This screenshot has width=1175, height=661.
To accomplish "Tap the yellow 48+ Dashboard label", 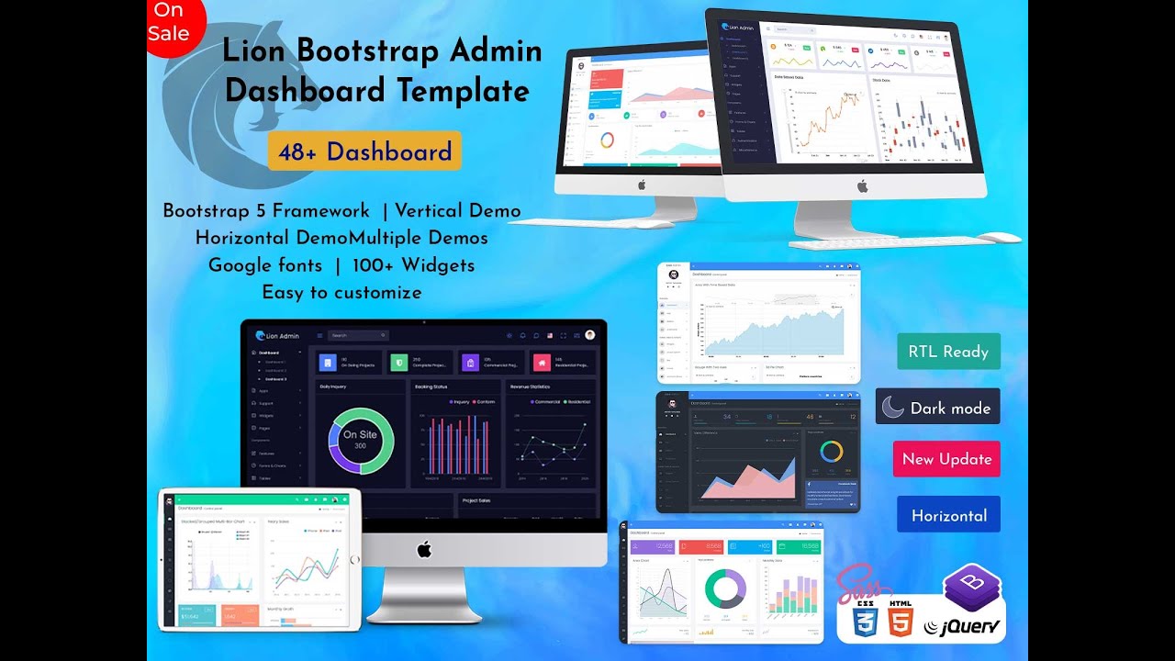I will (364, 151).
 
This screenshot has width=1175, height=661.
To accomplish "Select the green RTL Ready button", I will (948, 352).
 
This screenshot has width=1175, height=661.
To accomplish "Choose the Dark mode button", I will (937, 408).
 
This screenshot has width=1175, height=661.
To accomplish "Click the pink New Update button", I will (946, 459).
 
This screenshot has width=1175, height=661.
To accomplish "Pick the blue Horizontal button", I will (948, 515).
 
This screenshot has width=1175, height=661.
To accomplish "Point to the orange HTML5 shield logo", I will (901, 622).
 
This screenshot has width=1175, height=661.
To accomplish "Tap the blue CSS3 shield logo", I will (864, 622).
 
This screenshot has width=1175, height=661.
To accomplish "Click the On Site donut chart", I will (360, 440).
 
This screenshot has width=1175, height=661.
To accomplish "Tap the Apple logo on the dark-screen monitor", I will (424, 549).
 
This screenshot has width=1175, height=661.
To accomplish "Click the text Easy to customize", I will (341, 293).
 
